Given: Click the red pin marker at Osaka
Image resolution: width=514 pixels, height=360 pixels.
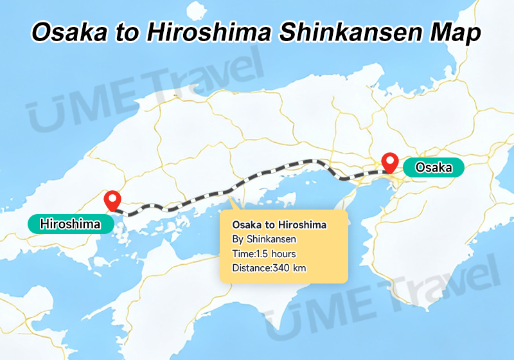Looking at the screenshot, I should click(x=389, y=161).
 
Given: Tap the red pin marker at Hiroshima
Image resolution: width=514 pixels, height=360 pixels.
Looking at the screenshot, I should click(x=114, y=200).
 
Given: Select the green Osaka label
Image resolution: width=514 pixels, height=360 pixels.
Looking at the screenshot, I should click(x=433, y=168).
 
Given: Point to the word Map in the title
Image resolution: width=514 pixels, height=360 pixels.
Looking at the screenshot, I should click(x=456, y=33).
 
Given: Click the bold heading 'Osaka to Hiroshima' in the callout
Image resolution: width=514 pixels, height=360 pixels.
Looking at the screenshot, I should click(x=279, y=225).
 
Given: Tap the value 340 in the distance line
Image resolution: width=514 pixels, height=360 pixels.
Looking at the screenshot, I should click(x=281, y=268).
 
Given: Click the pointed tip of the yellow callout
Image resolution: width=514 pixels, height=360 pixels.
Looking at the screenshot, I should click(x=233, y=201).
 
